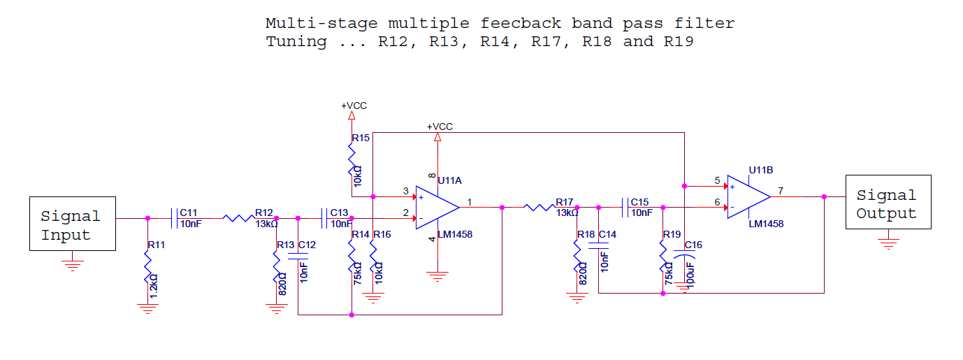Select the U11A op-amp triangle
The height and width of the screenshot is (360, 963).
(437, 208)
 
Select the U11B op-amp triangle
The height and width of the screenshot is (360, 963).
(748, 196)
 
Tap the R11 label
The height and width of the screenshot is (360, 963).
(157, 245)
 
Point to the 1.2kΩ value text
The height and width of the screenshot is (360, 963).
(154, 286)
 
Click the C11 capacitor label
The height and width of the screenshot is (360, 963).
(188, 213)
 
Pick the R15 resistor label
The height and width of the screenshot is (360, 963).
(361, 138)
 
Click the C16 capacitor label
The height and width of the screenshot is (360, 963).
(693, 245)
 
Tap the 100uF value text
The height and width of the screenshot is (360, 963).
(690, 275)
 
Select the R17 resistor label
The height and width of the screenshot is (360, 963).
(565, 202)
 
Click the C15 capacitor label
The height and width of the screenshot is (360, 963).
(639, 202)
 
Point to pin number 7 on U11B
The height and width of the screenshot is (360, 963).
(781, 191)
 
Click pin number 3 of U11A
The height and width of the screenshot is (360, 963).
(405, 191)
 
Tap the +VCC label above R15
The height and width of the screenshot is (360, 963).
(354, 106)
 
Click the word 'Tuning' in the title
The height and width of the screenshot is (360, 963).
(296, 42)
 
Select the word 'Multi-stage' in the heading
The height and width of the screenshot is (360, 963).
(321, 23)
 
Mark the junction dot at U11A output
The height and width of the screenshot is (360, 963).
(502, 208)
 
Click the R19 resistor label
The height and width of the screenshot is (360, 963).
(672, 234)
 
